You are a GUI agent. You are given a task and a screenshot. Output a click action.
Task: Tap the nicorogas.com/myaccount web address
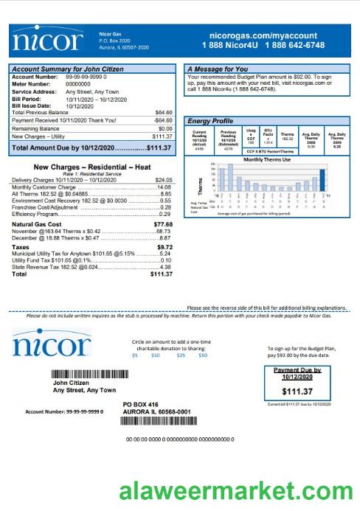(x=263, y=35)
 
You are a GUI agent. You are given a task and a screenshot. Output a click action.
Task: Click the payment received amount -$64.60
(x=162, y=119)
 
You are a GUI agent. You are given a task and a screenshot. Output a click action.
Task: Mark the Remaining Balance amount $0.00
(x=165, y=128)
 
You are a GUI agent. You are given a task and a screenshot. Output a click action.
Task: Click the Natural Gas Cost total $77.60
(x=162, y=224)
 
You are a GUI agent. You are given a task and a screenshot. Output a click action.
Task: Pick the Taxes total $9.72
(x=164, y=247)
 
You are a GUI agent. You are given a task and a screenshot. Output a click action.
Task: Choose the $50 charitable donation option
(x=203, y=355)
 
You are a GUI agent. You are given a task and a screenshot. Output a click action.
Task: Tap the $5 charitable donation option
(x=134, y=355)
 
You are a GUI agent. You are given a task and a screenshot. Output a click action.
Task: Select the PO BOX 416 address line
(x=140, y=405)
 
